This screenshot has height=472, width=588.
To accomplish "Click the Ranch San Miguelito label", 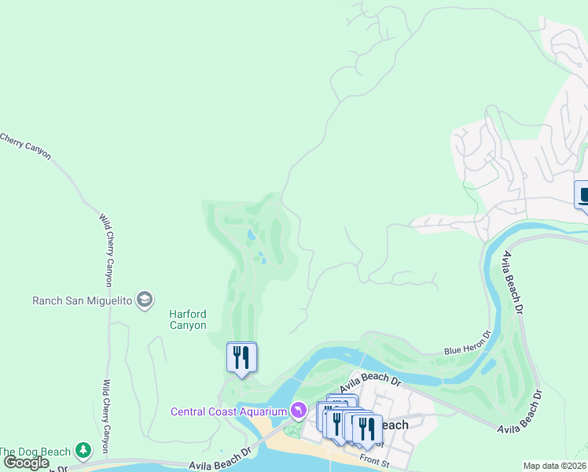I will point(82,300).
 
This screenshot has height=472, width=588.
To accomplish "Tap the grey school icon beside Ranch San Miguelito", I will point(144,300).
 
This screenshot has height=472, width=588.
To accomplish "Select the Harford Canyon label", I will point(188,319).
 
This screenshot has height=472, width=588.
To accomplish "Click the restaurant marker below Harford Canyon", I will point(241,358).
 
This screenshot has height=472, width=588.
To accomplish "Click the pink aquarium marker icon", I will point(298,411).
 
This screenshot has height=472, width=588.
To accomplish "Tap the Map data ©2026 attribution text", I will point(555,466).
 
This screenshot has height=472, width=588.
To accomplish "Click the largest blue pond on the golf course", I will point(251,234).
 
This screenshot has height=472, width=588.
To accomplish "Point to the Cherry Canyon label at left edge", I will point(25,146).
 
